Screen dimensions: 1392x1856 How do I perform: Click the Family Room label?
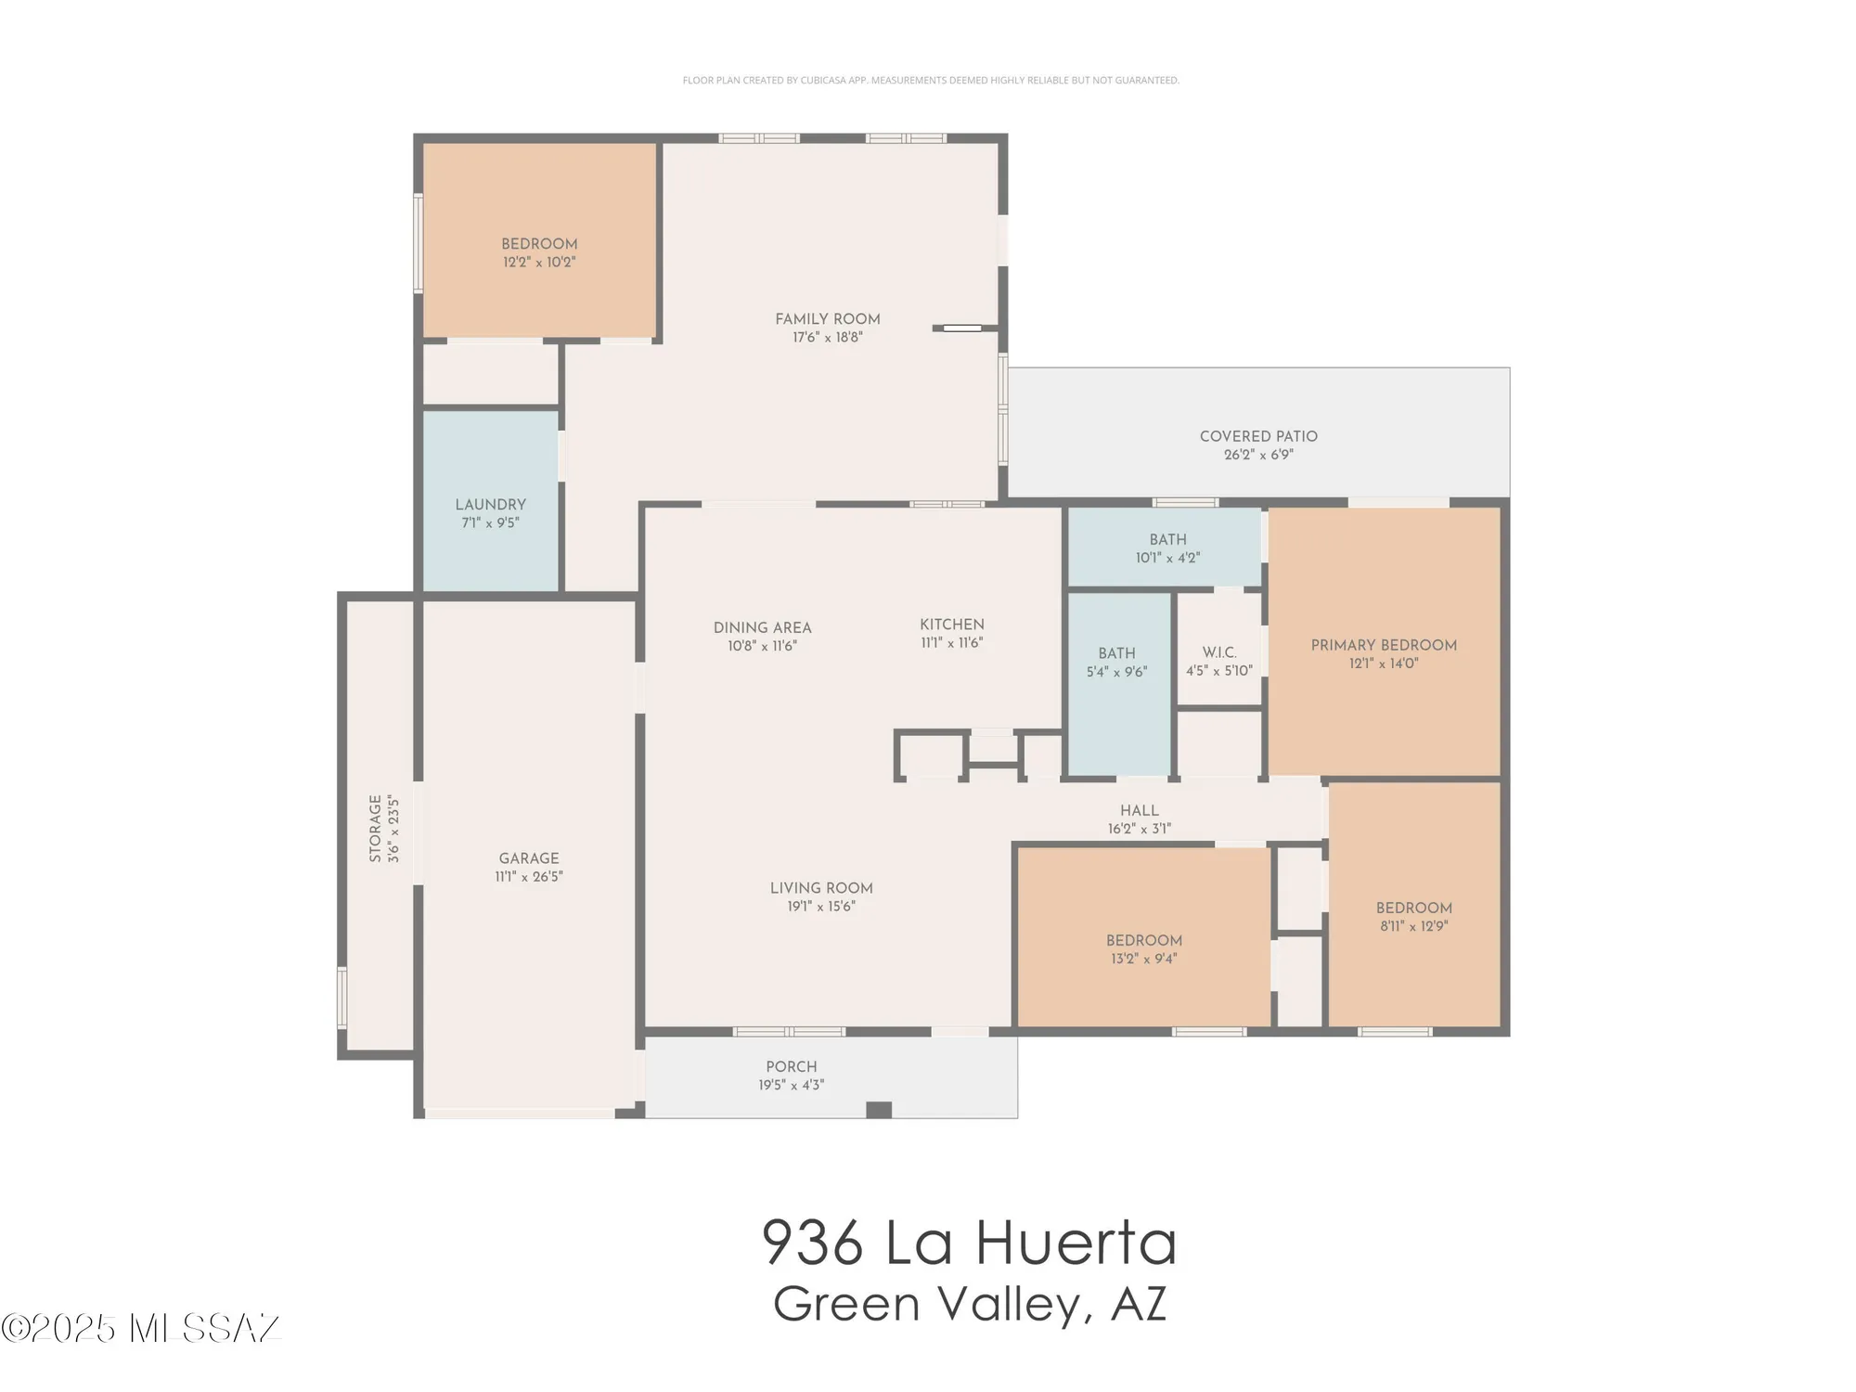[827, 319]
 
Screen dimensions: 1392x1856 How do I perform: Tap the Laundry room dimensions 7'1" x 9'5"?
[490, 523]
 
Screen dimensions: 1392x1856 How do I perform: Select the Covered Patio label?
[1257, 436]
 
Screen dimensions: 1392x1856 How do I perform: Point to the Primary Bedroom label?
[1383, 645]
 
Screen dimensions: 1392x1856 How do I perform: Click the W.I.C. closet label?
[1218, 652]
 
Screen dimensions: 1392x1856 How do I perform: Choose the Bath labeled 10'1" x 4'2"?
[1167, 540]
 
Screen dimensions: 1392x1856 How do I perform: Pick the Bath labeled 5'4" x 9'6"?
[1116, 653]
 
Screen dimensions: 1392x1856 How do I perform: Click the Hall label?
[1139, 810]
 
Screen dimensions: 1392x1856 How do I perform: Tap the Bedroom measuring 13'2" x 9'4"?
[1143, 941]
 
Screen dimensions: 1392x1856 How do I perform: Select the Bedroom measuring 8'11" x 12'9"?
[1413, 909]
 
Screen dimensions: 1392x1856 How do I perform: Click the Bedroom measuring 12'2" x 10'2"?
[539, 244]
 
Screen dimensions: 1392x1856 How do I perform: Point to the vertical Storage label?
[376, 829]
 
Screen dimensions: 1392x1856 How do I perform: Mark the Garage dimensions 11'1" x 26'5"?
[529, 877]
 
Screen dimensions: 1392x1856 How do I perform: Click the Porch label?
[791, 1067]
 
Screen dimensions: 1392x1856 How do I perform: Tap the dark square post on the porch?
[878, 1110]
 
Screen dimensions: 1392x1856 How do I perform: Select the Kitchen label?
[951, 625]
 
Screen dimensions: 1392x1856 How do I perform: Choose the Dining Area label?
[762, 628]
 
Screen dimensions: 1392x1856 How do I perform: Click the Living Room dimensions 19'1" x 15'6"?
[821, 907]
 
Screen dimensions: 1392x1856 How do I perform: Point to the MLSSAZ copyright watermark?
[141, 1328]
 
